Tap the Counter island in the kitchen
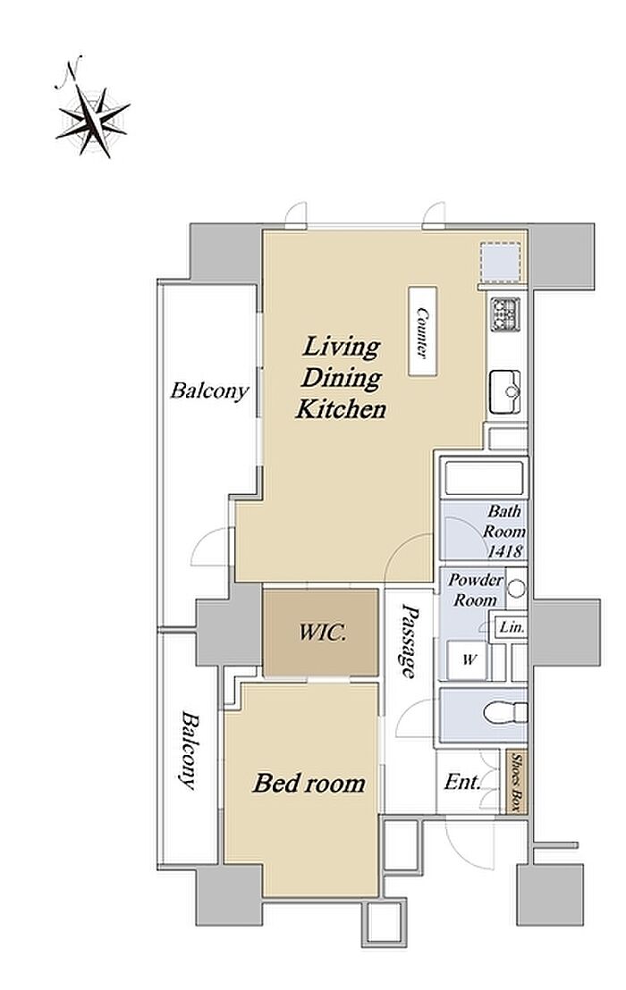pyautogui.click(x=423, y=331)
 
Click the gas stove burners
pyautogui.click(x=504, y=314)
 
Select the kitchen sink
pyautogui.click(x=504, y=392)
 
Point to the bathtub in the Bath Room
pyautogui.click(x=485, y=478)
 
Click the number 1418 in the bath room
pyautogui.click(x=504, y=550)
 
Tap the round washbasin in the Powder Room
pyautogui.click(x=517, y=589)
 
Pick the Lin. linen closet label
pyautogui.click(x=510, y=628)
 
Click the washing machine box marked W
pyautogui.click(x=468, y=660)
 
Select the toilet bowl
pyautogui.click(x=504, y=712)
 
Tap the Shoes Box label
pyautogui.click(x=517, y=783)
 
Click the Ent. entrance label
pyautogui.click(x=462, y=783)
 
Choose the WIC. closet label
pyautogui.click(x=322, y=632)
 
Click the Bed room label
pyautogui.click(x=309, y=783)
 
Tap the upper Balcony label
pyautogui.click(x=209, y=390)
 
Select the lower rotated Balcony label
pyautogui.click(x=189, y=751)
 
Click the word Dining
pyautogui.click(x=341, y=378)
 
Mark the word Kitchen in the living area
pyautogui.click(x=341, y=408)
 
